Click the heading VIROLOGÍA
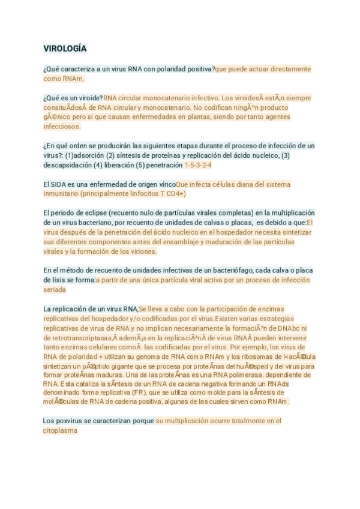click(65, 49)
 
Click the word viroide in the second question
click(89, 98)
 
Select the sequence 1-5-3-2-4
click(198, 165)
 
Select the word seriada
click(54, 290)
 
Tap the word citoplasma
click(60, 430)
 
